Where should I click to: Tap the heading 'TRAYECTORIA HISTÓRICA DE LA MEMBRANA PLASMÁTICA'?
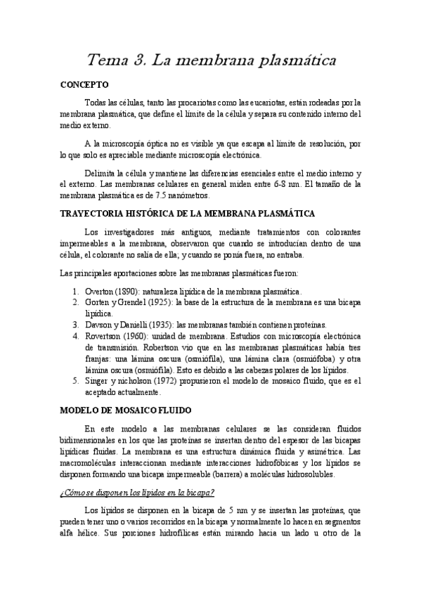(188, 213)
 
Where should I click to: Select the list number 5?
(76, 380)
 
